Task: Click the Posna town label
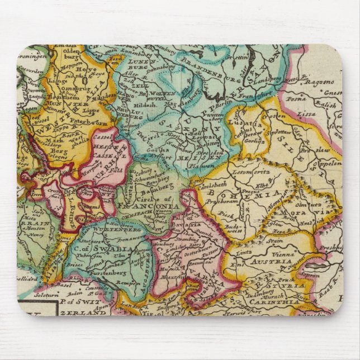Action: [294, 98]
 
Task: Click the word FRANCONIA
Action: [155, 205]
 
